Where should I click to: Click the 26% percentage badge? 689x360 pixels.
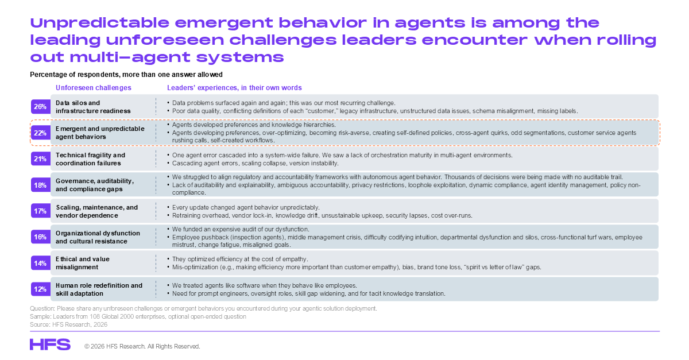click(41, 107)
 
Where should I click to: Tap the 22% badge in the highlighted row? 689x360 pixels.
click(41, 133)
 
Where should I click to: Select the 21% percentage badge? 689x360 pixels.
click(41, 159)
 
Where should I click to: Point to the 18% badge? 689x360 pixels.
click(41, 185)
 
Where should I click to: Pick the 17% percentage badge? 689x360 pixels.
click(41, 211)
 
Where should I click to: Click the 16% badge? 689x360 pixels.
click(41, 237)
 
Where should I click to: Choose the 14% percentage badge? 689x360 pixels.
click(41, 263)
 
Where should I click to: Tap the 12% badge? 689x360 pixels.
click(41, 289)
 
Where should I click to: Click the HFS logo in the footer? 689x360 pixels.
click(50, 344)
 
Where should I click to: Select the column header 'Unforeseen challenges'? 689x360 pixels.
click(94, 88)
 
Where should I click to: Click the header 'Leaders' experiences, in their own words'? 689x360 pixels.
click(234, 88)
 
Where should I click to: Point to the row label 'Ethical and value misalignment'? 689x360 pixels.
click(83, 263)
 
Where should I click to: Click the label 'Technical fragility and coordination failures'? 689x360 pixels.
click(91, 159)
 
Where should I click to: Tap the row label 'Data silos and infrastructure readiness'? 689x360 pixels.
click(93, 107)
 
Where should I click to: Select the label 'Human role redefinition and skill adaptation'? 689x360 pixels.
click(99, 289)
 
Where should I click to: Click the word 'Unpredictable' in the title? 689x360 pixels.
click(100, 23)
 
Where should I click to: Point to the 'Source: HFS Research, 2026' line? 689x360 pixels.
click(68, 324)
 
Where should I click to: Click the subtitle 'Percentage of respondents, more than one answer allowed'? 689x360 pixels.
click(126, 75)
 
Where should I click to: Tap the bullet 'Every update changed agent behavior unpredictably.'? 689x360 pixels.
click(246, 207)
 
